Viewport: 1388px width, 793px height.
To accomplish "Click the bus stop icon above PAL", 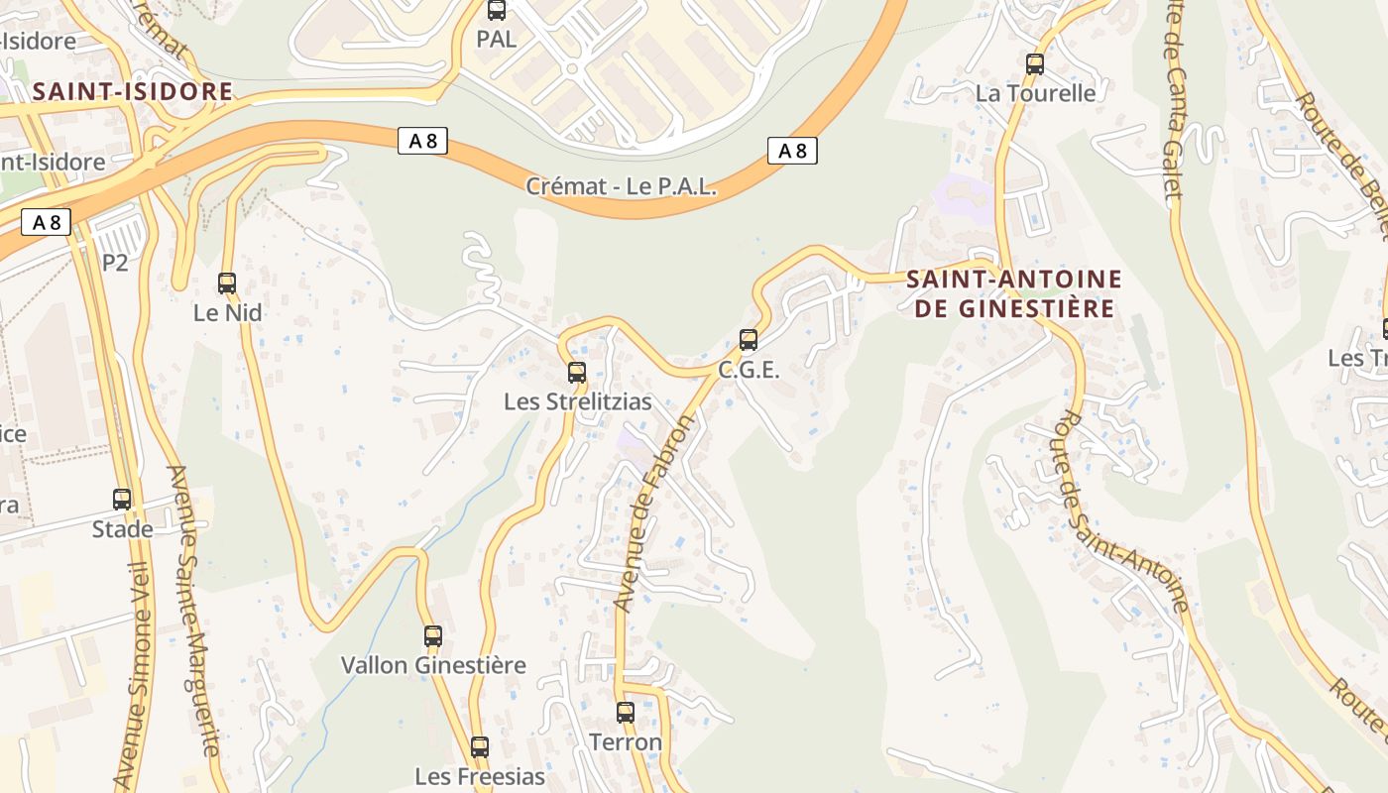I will click(497, 11).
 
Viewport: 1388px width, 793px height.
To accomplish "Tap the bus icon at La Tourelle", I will click(1035, 64).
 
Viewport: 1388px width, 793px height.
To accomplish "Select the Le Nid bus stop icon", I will click(227, 283).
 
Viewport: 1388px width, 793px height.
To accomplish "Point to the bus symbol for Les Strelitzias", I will click(577, 373).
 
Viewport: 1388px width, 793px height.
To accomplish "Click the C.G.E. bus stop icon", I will click(749, 340).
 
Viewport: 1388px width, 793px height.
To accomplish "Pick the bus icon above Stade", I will click(122, 500).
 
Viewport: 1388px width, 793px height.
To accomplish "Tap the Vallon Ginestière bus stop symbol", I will click(433, 635).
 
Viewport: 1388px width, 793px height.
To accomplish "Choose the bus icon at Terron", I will click(626, 712).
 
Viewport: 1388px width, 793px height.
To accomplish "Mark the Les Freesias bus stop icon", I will click(480, 746).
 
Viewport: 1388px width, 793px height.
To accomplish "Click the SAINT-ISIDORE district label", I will click(133, 92).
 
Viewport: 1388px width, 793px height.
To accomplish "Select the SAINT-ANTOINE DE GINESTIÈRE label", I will click(1014, 293).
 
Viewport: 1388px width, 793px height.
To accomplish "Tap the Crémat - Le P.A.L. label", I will click(621, 186).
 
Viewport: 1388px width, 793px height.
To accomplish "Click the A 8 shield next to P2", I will click(46, 222).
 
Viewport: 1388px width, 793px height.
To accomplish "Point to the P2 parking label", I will click(115, 263).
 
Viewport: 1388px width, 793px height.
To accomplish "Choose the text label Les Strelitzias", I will click(578, 401).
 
